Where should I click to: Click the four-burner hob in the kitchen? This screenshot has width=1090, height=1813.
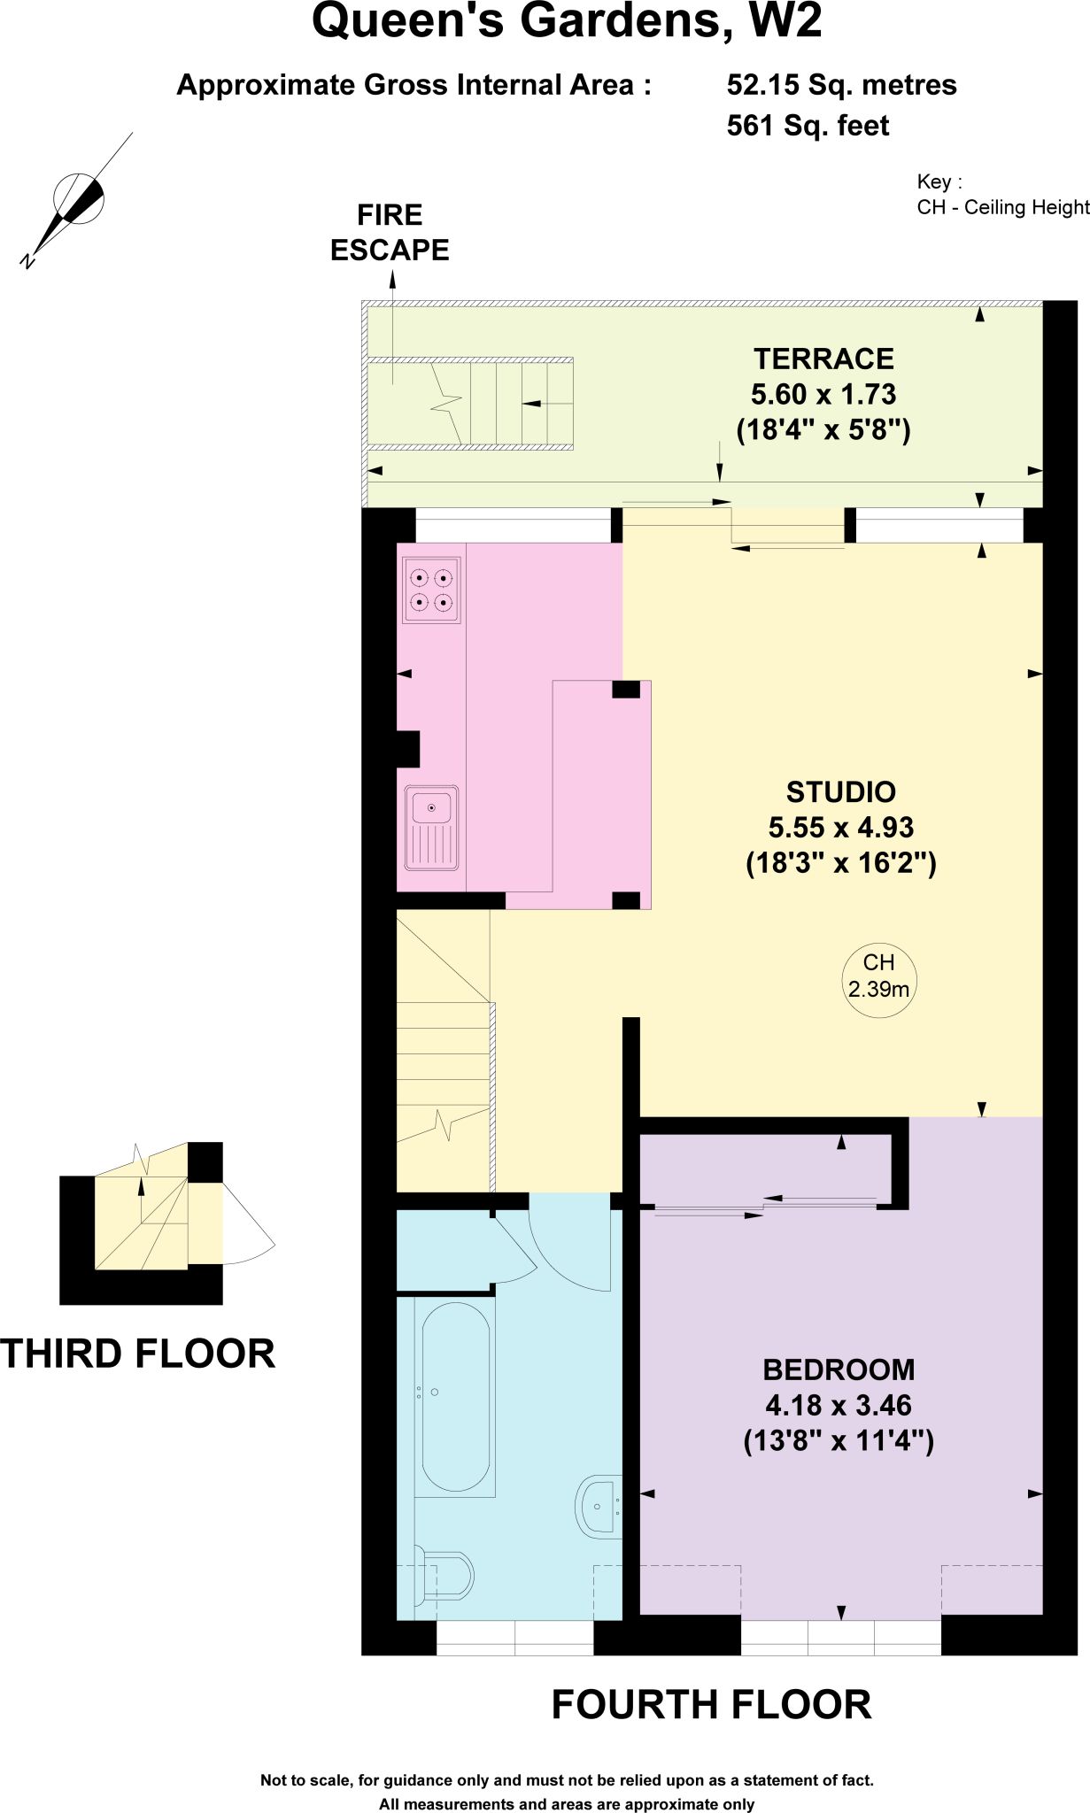(x=432, y=590)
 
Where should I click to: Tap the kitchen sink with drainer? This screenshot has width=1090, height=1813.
(x=432, y=828)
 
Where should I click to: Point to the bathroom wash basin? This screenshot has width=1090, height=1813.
(x=599, y=1505)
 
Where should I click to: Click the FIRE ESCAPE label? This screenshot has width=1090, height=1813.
(x=390, y=233)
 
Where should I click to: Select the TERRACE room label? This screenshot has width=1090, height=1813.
(x=823, y=359)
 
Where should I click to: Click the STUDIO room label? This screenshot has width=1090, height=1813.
(x=841, y=791)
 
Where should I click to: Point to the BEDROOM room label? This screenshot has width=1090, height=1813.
(x=839, y=1369)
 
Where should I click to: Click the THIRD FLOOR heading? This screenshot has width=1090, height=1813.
(x=138, y=1354)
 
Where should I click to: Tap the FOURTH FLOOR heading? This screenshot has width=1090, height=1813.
(x=712, y=1704)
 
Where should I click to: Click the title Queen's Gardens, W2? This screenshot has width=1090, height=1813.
(x=567, y=21)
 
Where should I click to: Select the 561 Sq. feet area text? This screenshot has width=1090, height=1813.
(x=808, y=126)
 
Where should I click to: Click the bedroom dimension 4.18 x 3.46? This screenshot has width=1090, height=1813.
(x=839, y=1405)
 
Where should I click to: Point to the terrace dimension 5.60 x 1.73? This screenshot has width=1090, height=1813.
(x=823, y=394)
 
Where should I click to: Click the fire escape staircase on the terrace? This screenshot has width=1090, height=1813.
(x=469, y=403)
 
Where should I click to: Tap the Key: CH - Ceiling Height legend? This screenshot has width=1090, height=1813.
(x=1003, y=195)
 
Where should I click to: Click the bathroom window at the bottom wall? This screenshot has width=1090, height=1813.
(x=515, y=1637)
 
